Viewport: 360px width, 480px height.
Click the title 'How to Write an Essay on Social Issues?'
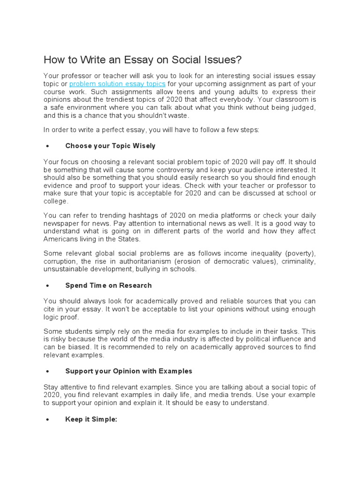click(142, 60)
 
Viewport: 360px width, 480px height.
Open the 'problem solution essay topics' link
click(117, 84)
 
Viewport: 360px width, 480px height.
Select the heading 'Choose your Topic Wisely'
click(110, 146)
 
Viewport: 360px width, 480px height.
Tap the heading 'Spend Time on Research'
click(108, 285)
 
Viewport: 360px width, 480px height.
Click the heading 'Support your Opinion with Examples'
click(129, 371)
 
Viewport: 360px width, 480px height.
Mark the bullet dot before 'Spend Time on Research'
click(47, 285)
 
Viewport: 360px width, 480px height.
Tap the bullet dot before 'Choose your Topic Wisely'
click(47, 146)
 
